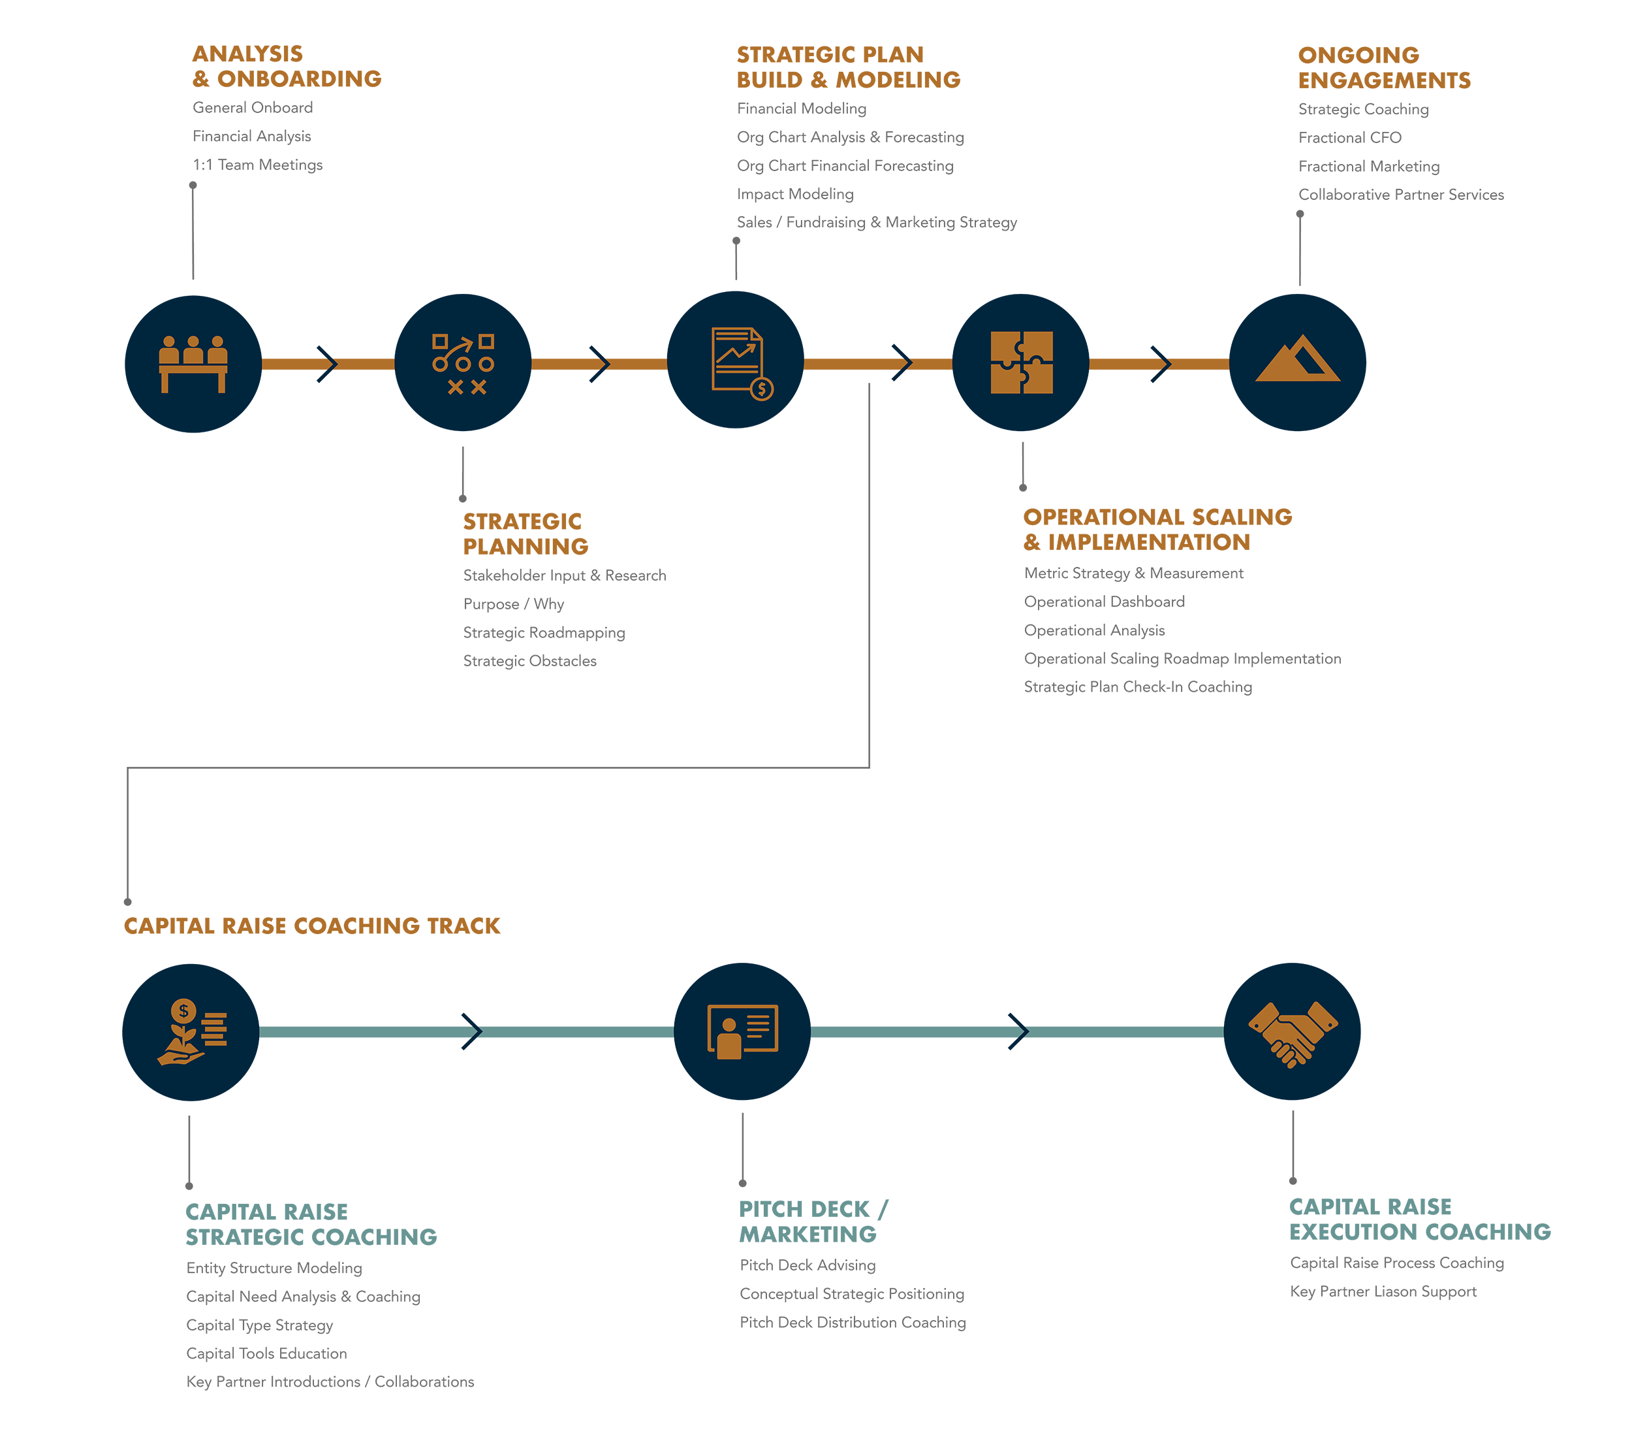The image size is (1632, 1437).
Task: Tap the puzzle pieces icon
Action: [1020, 363]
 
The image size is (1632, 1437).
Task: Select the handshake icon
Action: [1292, 1031]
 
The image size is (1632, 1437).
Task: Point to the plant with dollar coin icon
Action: [191, 1032]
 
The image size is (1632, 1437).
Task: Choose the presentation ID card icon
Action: [742, 1031]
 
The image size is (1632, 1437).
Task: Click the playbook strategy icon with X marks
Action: [463, 363]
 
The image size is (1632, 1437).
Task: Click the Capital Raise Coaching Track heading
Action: [312, 926]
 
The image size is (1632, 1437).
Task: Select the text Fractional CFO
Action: [1349, 137]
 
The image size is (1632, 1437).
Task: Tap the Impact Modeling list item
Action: [794, 194]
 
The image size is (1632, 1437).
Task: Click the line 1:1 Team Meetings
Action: [257, 165]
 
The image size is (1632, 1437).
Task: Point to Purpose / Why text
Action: [513, 604]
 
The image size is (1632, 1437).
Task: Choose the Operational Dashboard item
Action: [1105, 602]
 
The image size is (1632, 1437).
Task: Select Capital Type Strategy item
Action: [260, 1325]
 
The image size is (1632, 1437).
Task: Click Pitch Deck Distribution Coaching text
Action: [852, 1322]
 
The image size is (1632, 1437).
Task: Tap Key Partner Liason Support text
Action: [1383, 1291]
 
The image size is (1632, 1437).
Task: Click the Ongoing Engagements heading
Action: [1384, 68]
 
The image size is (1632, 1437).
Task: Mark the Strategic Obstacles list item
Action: [529, 660]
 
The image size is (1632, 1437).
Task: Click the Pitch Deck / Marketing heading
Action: [812, 1221]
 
